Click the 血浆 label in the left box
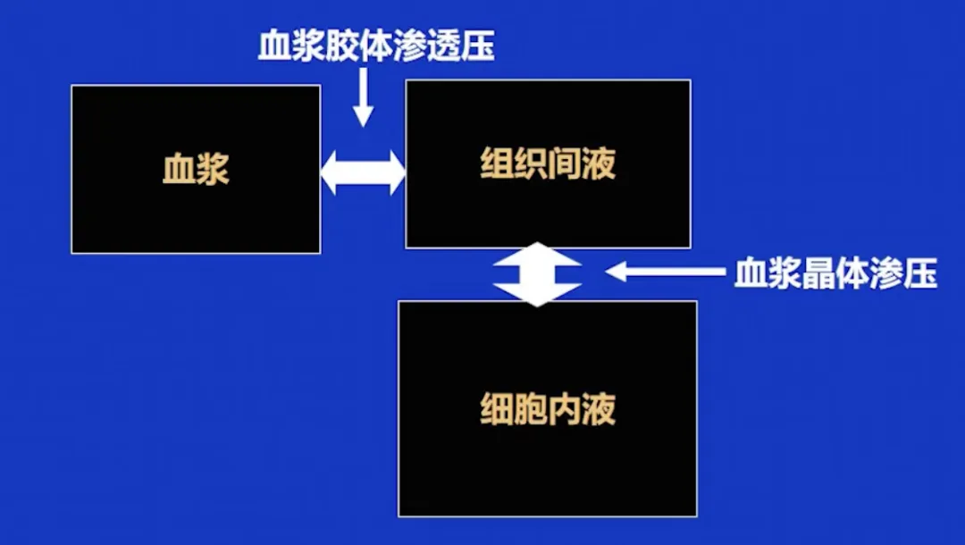click(x=196, y=169)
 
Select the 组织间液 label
click(x=548, y=163)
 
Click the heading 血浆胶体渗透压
click(x=375, y=46)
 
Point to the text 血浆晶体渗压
click(x=835, y=273)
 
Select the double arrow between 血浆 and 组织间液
click(x=363, y=171)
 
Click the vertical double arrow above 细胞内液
click(x=539, y=274)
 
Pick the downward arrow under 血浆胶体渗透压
click(x=363, y=97)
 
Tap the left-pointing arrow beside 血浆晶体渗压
click(x=665, y=272)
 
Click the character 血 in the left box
click(x=179, y=169)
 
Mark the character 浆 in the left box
click(x=214, y=169)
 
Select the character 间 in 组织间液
click(x=565, y=163)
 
